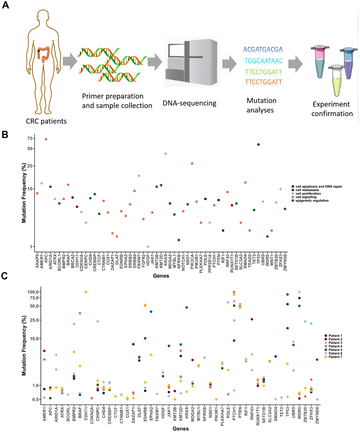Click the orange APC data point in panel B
(x=46, y=139)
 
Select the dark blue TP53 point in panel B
(x=258, y=144)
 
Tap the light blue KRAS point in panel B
(x=165, y=154)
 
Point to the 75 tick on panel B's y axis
(x=30, y=138)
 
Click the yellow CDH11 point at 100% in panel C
(x=86, y=292)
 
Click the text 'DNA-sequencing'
(x=189, y=103)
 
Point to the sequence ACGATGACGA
(x=263, y=49)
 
